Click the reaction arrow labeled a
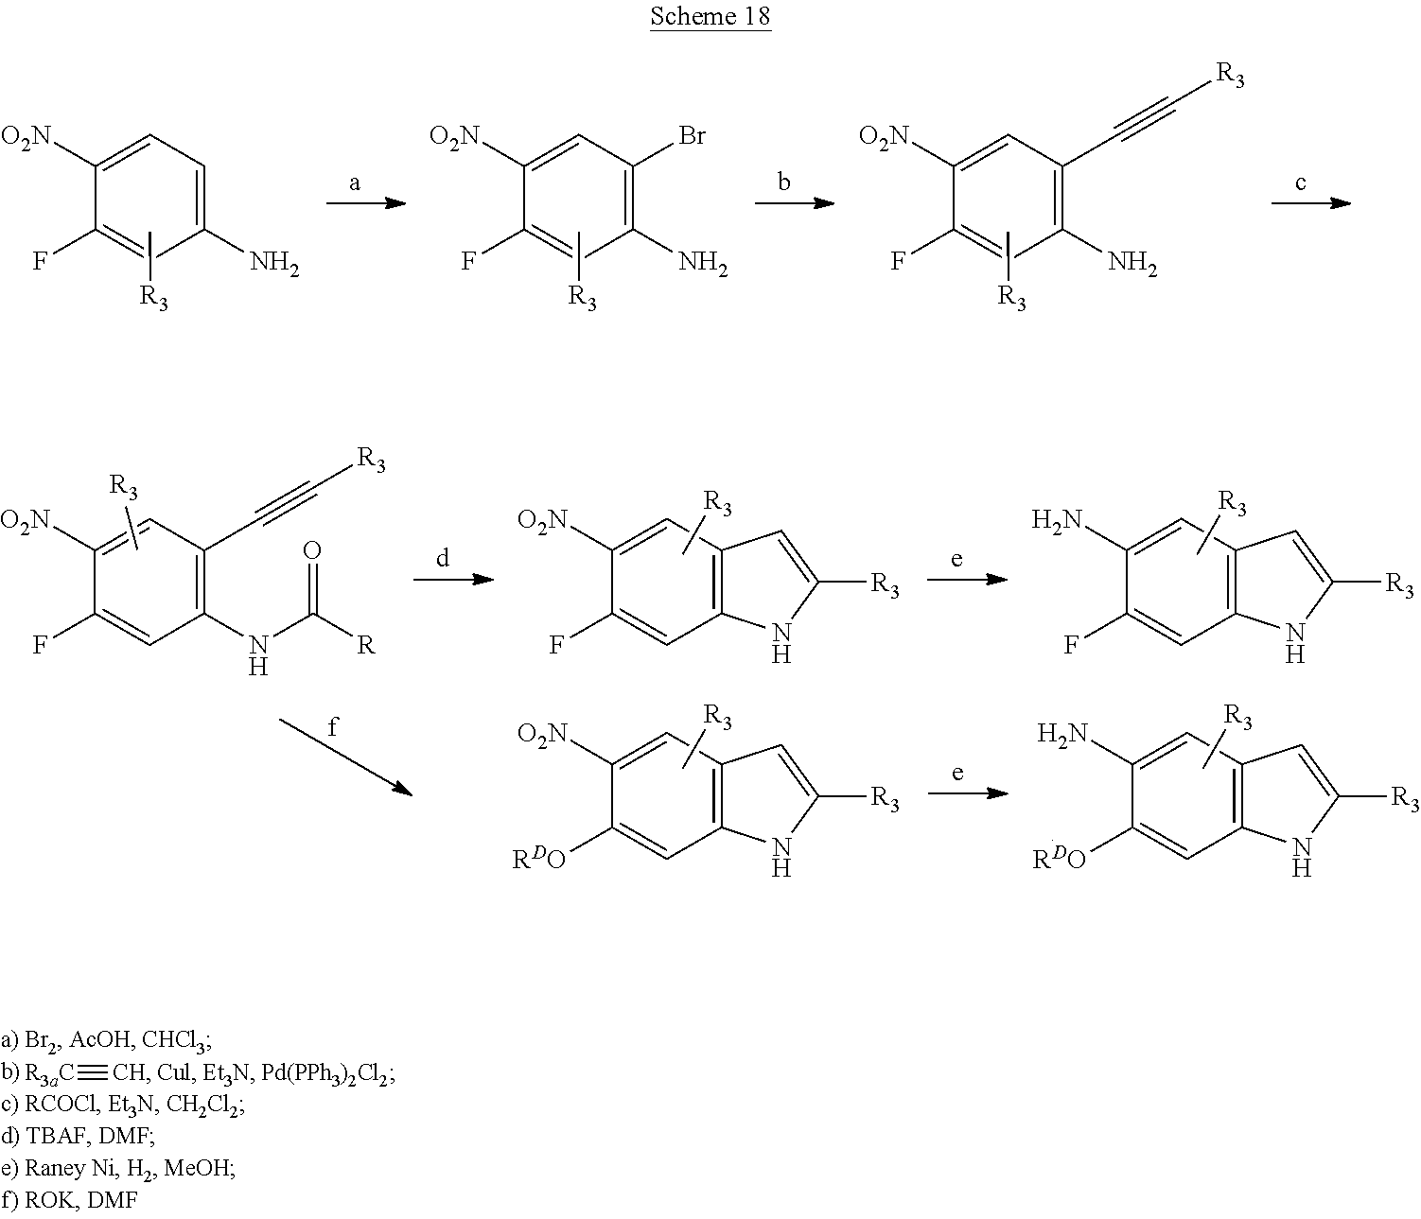click(x=365, y=203)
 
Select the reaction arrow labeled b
click(x=794, y=203)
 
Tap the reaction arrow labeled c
click(x=1309, y=203)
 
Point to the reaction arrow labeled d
click(x=453, y=578)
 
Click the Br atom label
click(x=692, y=137)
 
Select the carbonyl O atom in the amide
click(x=312, y=551)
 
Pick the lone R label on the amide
click(x=366, y=647)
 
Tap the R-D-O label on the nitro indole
click(x=538, y=860)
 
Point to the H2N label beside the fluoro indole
click(x=1056, y=519)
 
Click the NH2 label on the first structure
click(x=275, y=265)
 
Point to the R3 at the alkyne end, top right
click(x=1229, y=76)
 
